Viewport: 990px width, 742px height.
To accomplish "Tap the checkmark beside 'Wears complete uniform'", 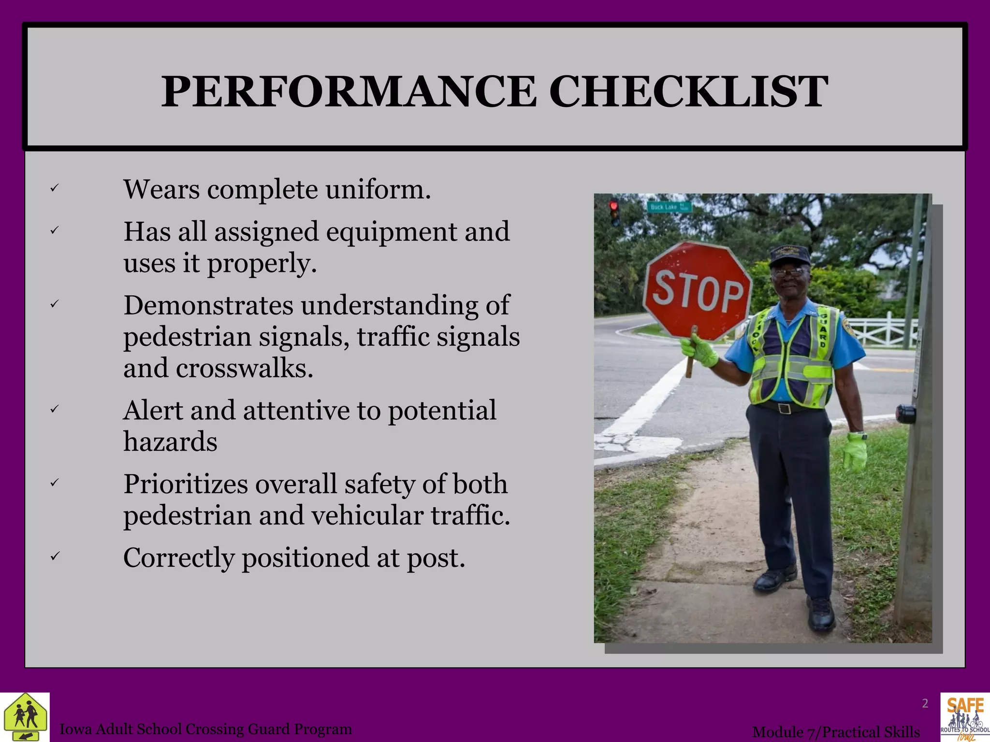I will pyautogui.click(x=54, y=188).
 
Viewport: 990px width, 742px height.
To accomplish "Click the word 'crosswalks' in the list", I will pyautogui.click(x=245, y=368).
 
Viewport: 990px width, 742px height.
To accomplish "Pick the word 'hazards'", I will pyautogui.click(x=170, y=442).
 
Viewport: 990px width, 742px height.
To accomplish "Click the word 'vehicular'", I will pyautogui.click(x=369, y=515).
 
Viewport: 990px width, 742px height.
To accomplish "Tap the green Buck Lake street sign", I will pyautogui.click(x=669, y=207).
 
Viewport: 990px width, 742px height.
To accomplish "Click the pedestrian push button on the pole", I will pyautogui.click(x=905, y=414).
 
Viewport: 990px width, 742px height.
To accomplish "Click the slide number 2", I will pyautogui.click(x=925, y=703).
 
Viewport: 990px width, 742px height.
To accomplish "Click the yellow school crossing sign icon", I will pyautogui.click(x=25, y=717).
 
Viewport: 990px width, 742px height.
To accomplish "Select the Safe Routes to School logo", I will pyautogui.click(x=965, y=717).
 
